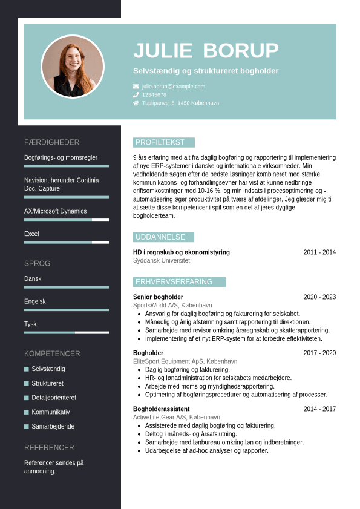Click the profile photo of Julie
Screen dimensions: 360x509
point(73,67)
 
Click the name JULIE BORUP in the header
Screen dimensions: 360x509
point(206,51)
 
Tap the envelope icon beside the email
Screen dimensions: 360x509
point(136,87)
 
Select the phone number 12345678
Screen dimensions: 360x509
point(154,95)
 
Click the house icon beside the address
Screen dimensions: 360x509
point(136,103)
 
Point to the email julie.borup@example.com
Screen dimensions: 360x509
point(174,87)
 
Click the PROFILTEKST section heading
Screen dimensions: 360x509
point(160,143)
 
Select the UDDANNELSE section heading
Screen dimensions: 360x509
point(160,237)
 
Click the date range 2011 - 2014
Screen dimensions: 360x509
point(319,252)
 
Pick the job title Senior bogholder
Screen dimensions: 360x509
point(158,297)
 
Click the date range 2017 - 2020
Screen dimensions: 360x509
point(319,353)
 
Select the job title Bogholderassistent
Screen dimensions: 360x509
point(161,409)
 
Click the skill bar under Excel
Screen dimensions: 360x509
point(67,242)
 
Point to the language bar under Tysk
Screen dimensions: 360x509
point(67,332)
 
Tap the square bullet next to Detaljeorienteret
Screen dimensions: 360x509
point(27,398)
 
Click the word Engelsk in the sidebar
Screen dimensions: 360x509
point(35,301)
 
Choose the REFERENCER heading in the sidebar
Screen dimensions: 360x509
point(49,448)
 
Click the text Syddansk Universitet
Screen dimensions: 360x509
point(162,261)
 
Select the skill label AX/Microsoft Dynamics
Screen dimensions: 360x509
point(56,211)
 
